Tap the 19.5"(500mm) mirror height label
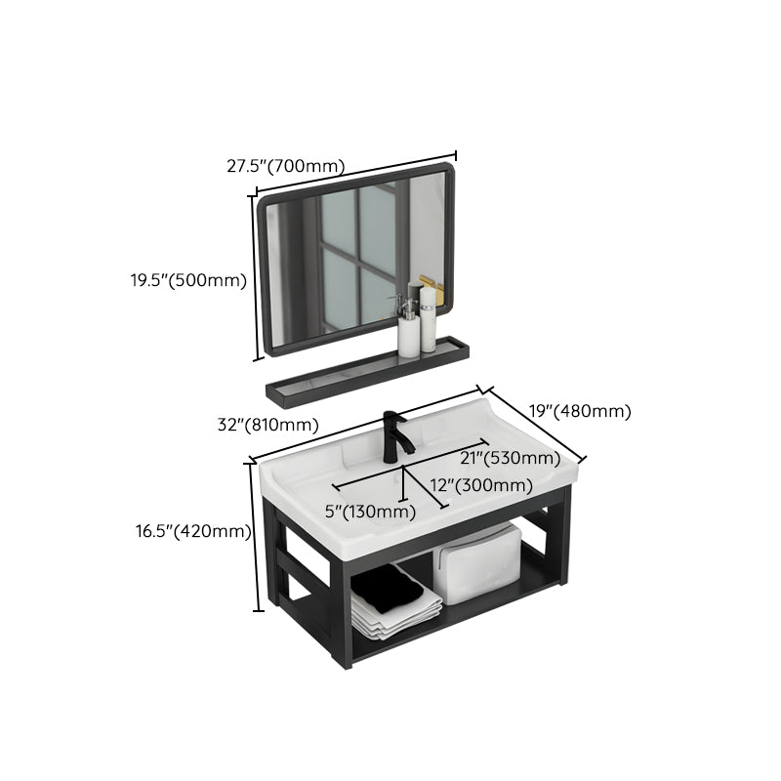coord(188,281)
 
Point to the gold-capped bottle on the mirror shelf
coord(428,314)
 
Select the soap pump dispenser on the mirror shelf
coord(408,325)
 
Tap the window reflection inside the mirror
coord(356,254)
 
